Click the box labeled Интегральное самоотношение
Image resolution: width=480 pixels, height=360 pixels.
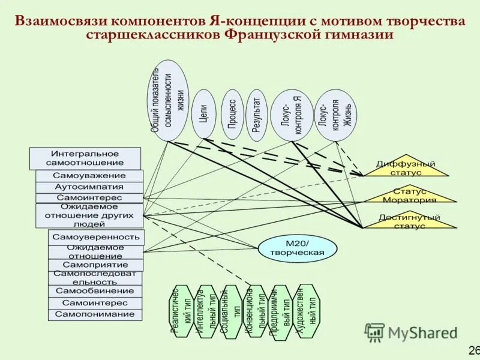(x=85, y=158)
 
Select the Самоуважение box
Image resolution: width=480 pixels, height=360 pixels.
(x=89, y=176)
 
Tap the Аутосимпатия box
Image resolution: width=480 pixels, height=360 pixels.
(x=89, y=187)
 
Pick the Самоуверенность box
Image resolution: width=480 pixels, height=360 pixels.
(x=96, y=237)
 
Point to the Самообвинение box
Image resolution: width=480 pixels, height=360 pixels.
(x=95, y=291)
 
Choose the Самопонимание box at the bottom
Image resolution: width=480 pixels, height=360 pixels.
(x=95, y=314)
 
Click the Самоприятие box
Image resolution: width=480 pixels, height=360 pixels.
(x=95, y=265)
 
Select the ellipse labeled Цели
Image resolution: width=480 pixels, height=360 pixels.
(x=203, y=114)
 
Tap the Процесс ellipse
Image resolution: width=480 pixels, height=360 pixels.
(x=232, y=115)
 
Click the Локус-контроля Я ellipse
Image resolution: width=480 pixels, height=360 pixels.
(x=293, y=116)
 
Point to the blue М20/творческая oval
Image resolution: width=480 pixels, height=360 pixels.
(x=298, y=248)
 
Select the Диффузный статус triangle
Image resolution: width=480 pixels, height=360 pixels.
(x=406, y=168)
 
